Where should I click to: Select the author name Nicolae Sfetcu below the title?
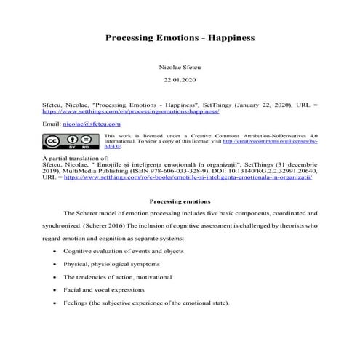click(180, 66)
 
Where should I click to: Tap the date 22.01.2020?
click(180, 79)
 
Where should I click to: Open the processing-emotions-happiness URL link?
click(130, 113)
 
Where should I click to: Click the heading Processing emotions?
click(180, 201)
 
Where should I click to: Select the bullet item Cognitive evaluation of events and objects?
click(131, 251)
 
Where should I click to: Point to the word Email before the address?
click(51, 125)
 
